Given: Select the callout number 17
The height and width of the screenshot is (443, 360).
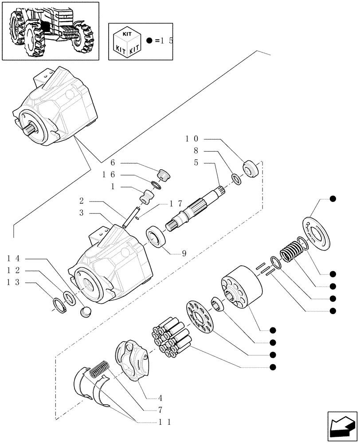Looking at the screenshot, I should point(176,204).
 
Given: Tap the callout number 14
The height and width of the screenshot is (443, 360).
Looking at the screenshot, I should point(13,258).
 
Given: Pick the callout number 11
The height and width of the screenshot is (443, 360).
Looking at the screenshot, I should point(164,423).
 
